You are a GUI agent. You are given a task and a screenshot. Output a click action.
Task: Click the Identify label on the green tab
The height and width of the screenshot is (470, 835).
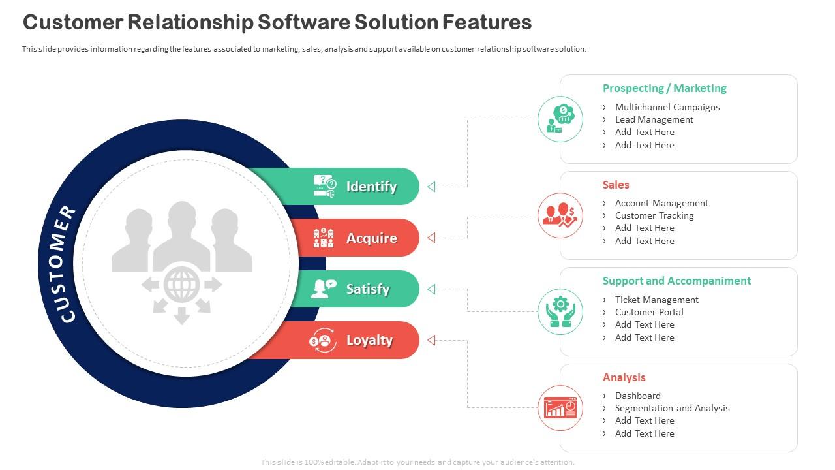point(371,187)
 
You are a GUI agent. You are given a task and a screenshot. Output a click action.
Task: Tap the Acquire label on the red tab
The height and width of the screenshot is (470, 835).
point(371,238)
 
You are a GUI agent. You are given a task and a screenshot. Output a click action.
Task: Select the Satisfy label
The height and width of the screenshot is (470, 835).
point(367,289)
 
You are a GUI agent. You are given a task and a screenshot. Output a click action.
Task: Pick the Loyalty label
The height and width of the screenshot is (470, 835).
point(369,340)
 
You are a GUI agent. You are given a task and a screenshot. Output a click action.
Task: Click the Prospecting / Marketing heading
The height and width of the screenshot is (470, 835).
point(664,88)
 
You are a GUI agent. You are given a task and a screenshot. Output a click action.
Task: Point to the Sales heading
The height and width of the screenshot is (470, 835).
point(616,185)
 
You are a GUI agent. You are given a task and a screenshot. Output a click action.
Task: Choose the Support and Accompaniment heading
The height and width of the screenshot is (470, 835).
point(676,281)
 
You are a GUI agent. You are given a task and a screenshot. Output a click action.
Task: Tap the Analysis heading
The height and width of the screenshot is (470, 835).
point(624,377)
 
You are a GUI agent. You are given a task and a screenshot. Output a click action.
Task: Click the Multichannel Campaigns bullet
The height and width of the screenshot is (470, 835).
point(667,107)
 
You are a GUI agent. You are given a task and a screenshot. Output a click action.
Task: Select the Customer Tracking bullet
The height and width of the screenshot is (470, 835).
point(654,215)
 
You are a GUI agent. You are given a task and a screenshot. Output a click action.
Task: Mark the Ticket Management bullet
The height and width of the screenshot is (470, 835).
point(656,300)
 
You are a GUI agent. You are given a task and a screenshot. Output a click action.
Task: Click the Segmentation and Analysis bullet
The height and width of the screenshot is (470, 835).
point(672,408)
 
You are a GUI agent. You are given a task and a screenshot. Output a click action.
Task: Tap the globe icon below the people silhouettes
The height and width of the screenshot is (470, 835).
point(181,285)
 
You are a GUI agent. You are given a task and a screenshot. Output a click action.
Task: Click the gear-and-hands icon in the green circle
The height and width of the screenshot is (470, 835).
point(560,311)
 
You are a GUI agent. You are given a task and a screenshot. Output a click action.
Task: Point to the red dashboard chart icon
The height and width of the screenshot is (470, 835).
point(560,408)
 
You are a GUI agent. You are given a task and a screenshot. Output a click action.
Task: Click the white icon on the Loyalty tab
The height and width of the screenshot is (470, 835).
point(322,340)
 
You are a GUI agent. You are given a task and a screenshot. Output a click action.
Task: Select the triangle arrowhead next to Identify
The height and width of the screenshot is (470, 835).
point(431,187)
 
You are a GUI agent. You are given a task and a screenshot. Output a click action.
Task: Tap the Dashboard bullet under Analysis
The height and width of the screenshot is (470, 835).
point(637,396)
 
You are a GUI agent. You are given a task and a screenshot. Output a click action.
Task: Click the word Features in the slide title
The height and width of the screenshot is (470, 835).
point(487,22)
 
